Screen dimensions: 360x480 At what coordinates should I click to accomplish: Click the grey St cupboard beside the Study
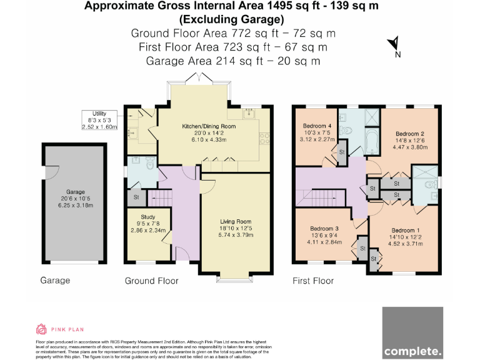coord(136,197)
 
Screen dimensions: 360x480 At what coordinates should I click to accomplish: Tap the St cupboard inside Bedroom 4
coord(341,152)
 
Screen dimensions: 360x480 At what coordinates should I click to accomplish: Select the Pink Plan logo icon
coord(41,329)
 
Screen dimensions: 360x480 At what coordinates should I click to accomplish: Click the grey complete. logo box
coord(412,332)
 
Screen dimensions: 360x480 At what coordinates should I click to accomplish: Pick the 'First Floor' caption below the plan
coord(313,281)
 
